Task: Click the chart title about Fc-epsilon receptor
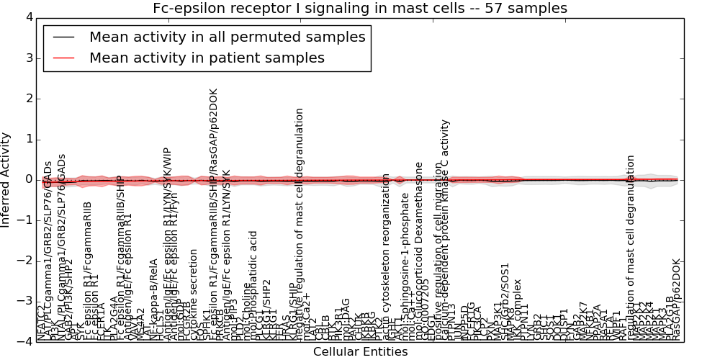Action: (x=359, y=9)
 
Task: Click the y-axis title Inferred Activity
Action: (x=6, y=179)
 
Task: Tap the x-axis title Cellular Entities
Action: (x=360, y=352)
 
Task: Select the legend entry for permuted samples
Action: (x=227, y=37)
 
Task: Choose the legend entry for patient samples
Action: (x=207, y=58)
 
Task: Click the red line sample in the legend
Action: (x=63, y=58)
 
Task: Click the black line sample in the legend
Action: (x=63, y=37)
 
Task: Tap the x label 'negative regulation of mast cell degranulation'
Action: (x=300, y=223)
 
